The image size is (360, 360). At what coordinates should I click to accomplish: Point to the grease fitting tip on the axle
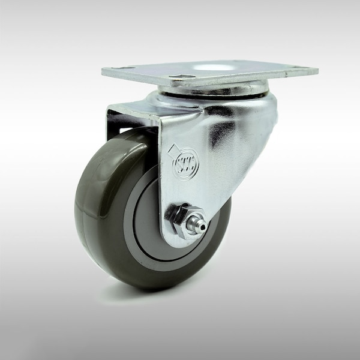[x=203, y=226]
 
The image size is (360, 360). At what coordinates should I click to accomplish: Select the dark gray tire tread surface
[x=96, y=198]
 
